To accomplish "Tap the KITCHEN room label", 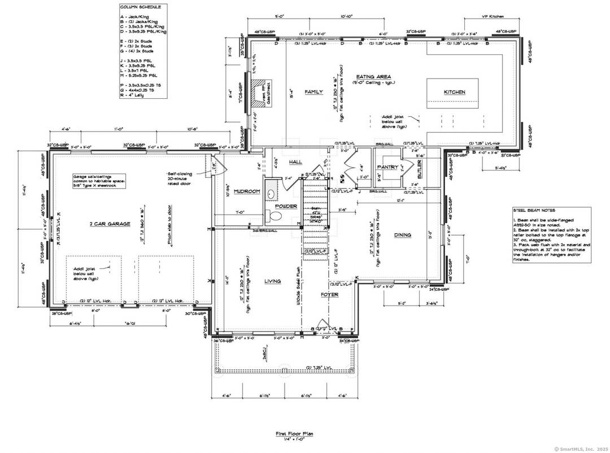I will click(454, 92).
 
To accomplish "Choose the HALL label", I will click(296, 162).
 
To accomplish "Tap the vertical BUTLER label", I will click(420, 168).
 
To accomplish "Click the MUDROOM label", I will click(246, 191).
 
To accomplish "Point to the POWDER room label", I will click(286, 206).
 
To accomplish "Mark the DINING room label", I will click(403, 235).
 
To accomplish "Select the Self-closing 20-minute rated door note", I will click(181, 179).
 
